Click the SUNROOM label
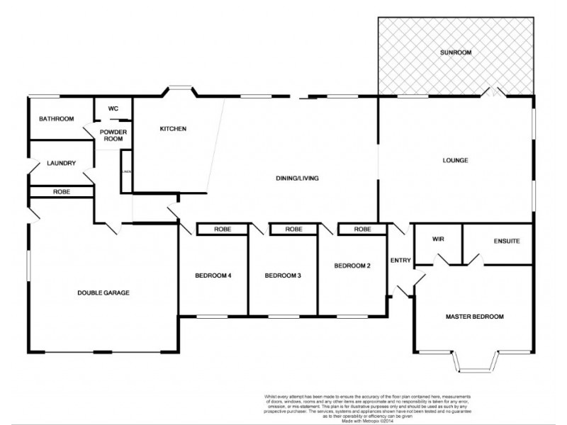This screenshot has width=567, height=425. pyautogui.click(x=455, y=52)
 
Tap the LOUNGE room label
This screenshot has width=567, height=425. pyautogui.click(x=455, y=160)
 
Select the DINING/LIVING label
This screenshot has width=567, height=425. pyautogui.click(x=296, y=178)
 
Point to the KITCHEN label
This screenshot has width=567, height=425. pyautogui.click(x=172, y=129)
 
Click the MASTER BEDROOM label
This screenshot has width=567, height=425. pyautogui.click(x=474, y=316)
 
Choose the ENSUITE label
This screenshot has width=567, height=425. pyautogui.click(x=506, y=241)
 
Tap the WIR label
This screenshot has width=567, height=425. pyautogui.click(x=437, y=239)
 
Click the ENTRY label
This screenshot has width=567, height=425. pyautogui.click(x=400, y=261)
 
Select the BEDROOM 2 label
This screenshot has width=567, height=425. pyautogui.click(x=353, y=266)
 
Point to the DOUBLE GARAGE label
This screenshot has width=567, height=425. pyautogui.click(x=103, y=292)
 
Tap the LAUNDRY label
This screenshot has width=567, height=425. pyautogui.click(x=62, y=163)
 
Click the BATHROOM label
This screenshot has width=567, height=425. pyautogui.click(x=56, y=118)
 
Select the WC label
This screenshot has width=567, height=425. pyautogui.click(x=113, y=108)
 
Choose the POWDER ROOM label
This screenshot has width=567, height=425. pyautogui.click(x=112, y=135)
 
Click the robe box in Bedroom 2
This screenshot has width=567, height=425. pyautogui.click(x=362, y=229)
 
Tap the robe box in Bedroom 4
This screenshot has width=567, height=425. pyautogui.click(x=223, y=229)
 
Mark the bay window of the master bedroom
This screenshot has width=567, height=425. pyautogui.click(x=474, y=363)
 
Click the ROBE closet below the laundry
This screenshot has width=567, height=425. pyautogui.click(x=61, y=191)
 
